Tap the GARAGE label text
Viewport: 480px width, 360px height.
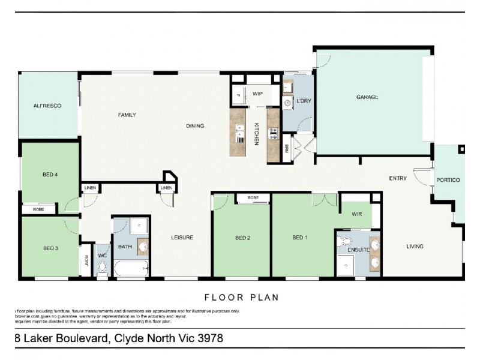tap(367, 97)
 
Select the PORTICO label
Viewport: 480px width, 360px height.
tap(448, 180)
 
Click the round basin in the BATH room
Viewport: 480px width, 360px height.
tap(143, 246)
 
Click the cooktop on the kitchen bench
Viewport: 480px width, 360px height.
tap(273, 133)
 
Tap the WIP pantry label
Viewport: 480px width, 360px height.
tap(257, 94)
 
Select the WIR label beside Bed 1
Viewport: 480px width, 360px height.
tap(356, 214)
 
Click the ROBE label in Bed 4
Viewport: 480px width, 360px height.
tap(38, 210)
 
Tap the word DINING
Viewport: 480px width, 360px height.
tap(195, 126)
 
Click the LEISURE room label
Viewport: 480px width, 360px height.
tap(182, 238)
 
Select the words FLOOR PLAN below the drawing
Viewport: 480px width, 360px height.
tap(241, 297)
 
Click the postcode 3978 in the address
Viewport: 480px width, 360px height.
tap(209, 338)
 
